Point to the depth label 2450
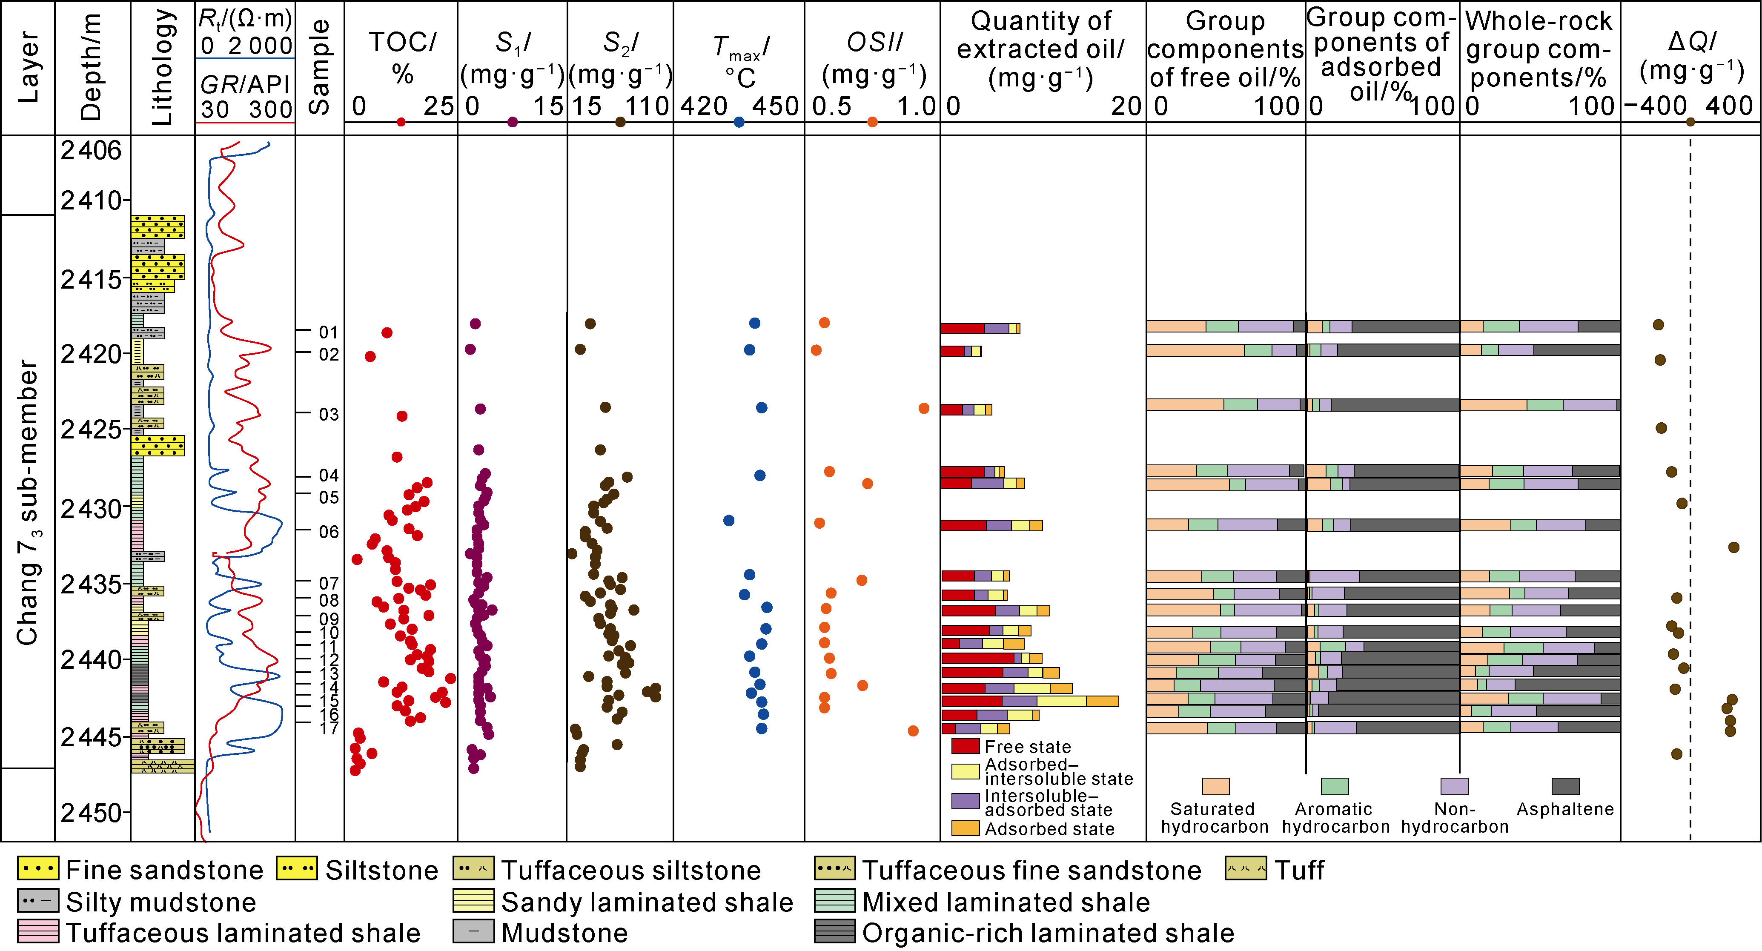[91, 813]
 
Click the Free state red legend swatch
[965, 746]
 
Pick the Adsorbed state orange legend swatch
[965, 828]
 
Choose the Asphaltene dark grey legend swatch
[1565, 786]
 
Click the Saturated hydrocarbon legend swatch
[1215, 786]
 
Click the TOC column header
[402, 58]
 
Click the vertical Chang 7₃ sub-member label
[27, 503]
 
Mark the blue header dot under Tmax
[739, 123]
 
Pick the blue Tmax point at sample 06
[729, 521]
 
